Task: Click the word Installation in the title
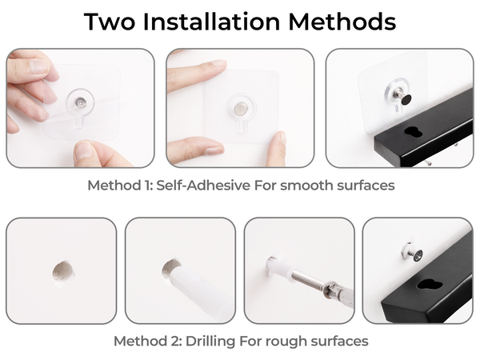[x=211, y=22]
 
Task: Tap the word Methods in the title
[x=342, y=22]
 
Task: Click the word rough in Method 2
[x=275, y=342]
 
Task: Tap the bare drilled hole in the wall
[x=62, y=271]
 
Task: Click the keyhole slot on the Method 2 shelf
[x=430, y=284]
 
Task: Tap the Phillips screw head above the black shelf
[x=418, y=255]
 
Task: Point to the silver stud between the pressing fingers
[x=239, y=109]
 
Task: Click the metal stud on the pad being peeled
[x=80, y=102]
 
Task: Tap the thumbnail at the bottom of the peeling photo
[x=83, y=150]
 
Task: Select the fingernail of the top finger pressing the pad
[x=218, y=62]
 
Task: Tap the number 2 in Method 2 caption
[x=176, y=342]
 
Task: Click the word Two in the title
[x=110, y=22]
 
